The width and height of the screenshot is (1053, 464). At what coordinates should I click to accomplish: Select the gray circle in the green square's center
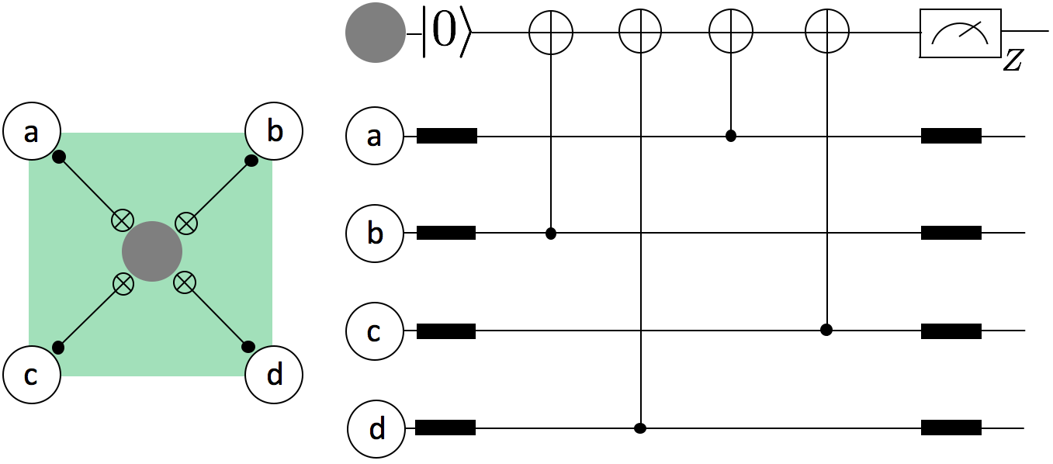152,251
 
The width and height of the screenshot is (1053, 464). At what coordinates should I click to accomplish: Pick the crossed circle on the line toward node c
122,283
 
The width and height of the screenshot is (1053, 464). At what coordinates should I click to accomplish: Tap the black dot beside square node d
248,346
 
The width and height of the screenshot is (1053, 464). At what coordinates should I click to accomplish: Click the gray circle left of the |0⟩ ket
375,33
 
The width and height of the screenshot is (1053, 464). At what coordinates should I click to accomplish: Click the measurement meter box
960,34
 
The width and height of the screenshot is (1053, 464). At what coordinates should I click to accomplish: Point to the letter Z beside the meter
1012,61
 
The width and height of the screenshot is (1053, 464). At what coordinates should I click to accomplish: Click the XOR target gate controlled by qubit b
550,33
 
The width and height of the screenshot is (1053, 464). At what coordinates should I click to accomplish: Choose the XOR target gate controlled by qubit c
826,33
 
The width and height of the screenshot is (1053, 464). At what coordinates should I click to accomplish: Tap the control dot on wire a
730,137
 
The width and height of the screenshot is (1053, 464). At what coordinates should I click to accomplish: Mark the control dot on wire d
640,428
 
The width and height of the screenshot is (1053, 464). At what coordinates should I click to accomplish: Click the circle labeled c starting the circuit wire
375,331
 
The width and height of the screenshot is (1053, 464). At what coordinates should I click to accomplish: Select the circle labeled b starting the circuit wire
375,234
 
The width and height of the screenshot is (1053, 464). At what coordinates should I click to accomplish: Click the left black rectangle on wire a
446,137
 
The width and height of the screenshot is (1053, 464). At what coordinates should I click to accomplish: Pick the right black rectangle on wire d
951,428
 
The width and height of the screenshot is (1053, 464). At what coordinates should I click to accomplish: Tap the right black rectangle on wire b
951,233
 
